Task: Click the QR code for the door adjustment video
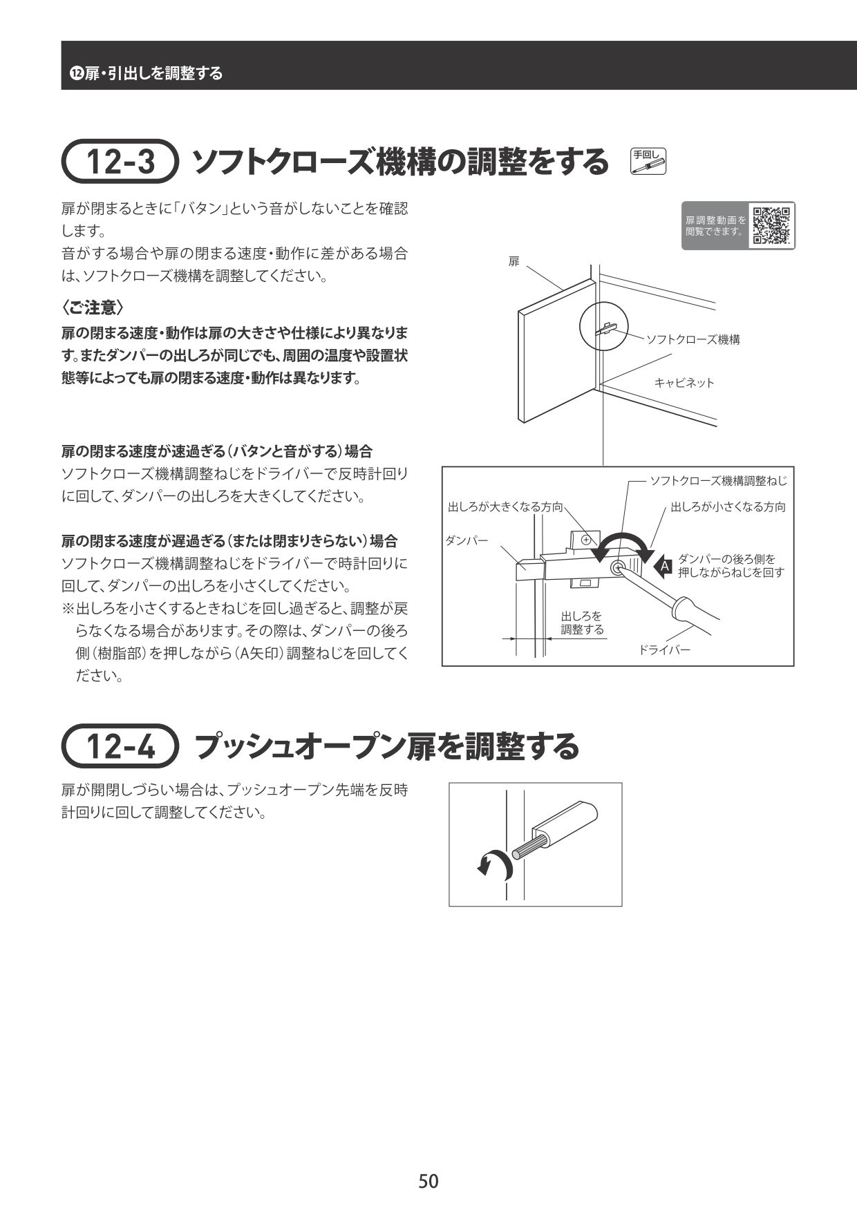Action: point(771,226)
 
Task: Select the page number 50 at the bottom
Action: point(428,1181)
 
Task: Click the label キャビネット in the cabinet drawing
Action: point(684,382)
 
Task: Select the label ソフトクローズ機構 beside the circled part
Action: point(693,339)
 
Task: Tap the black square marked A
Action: point(663,567)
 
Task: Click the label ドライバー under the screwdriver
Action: point(663,650)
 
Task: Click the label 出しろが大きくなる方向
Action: point(505,507)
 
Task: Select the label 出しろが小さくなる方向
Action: point(728,507)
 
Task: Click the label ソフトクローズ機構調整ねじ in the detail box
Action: point(718,481)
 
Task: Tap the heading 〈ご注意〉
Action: point(93,307)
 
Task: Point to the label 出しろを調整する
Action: point(582,623)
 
